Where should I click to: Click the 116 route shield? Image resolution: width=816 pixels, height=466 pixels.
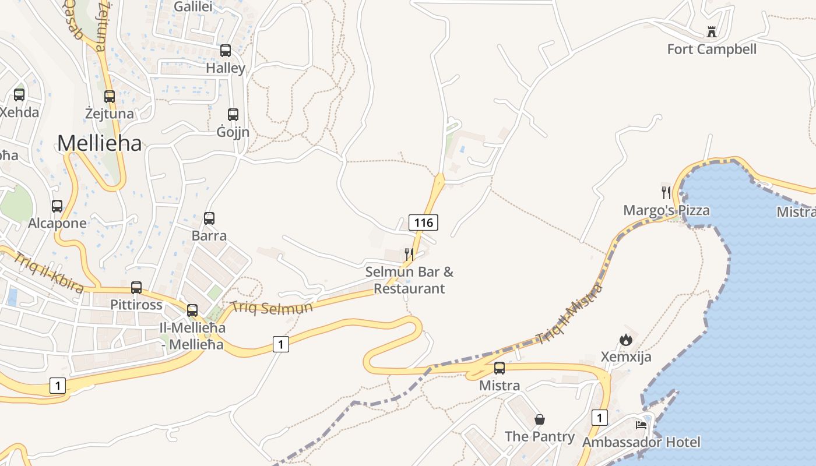pos(423,222)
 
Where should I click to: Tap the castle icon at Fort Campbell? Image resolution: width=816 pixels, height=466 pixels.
pos(711,31)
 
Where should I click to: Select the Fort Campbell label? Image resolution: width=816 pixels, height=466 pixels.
pos(712,50)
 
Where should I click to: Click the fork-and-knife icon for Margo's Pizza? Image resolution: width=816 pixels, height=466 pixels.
pos(666,192)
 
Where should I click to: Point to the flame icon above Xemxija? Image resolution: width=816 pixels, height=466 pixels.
pos(626,339)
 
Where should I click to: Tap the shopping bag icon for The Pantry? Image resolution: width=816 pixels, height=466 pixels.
pos(540,419)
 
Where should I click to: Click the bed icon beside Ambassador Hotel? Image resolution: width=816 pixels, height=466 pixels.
pos(641,425)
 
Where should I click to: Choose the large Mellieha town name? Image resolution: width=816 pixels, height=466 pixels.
pos(100,143)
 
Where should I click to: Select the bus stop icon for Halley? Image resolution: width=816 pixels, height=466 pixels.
pos(226,51)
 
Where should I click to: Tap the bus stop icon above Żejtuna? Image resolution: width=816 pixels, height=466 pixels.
pos(110,96)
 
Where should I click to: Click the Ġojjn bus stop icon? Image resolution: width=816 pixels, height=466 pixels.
pos(233,115)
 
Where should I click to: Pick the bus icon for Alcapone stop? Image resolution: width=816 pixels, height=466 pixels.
pos(57,206)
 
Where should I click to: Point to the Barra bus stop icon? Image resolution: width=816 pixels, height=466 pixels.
pos(209,218)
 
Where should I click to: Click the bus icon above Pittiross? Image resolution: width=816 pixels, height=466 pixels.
pos(136,287)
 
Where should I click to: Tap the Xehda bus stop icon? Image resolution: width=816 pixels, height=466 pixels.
pos(19,94)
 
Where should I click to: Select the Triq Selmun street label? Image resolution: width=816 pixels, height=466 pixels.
pos(272,308)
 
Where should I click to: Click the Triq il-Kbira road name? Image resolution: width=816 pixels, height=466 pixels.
pos(50,272)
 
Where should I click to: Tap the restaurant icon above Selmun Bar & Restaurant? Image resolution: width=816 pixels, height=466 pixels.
pos(409,254)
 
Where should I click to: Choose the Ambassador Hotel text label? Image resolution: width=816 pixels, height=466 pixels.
pos(641,442)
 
